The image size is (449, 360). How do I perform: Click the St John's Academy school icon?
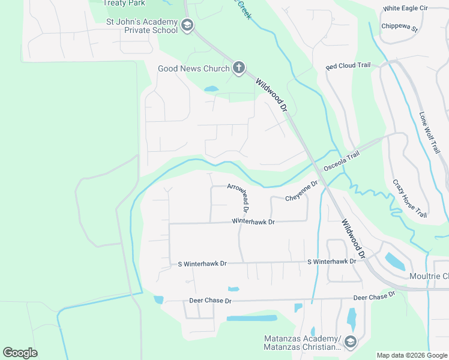click(x=187, y=25)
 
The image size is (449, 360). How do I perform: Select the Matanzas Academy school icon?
click(x=350, y=343)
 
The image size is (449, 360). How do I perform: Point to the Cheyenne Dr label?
click(x=301, y=193)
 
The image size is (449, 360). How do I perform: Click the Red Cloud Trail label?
click(x=348, y=66)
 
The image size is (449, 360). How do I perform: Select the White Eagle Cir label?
click(x=406, y=8)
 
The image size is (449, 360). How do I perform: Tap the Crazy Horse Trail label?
click(x=409, y=198)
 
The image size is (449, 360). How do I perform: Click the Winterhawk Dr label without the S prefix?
click(x=253, y=222)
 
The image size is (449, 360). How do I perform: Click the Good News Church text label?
click(x=193, y=68)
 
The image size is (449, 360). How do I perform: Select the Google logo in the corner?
click(x=20, y=353)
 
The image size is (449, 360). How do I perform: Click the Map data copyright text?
click(x=412, y=355)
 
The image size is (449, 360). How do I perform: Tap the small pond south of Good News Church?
click(x=211, y=89)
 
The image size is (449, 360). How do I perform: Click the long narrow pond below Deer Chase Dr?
click(x=252, y=318)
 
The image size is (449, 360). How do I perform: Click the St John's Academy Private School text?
click(x=142, y=26)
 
